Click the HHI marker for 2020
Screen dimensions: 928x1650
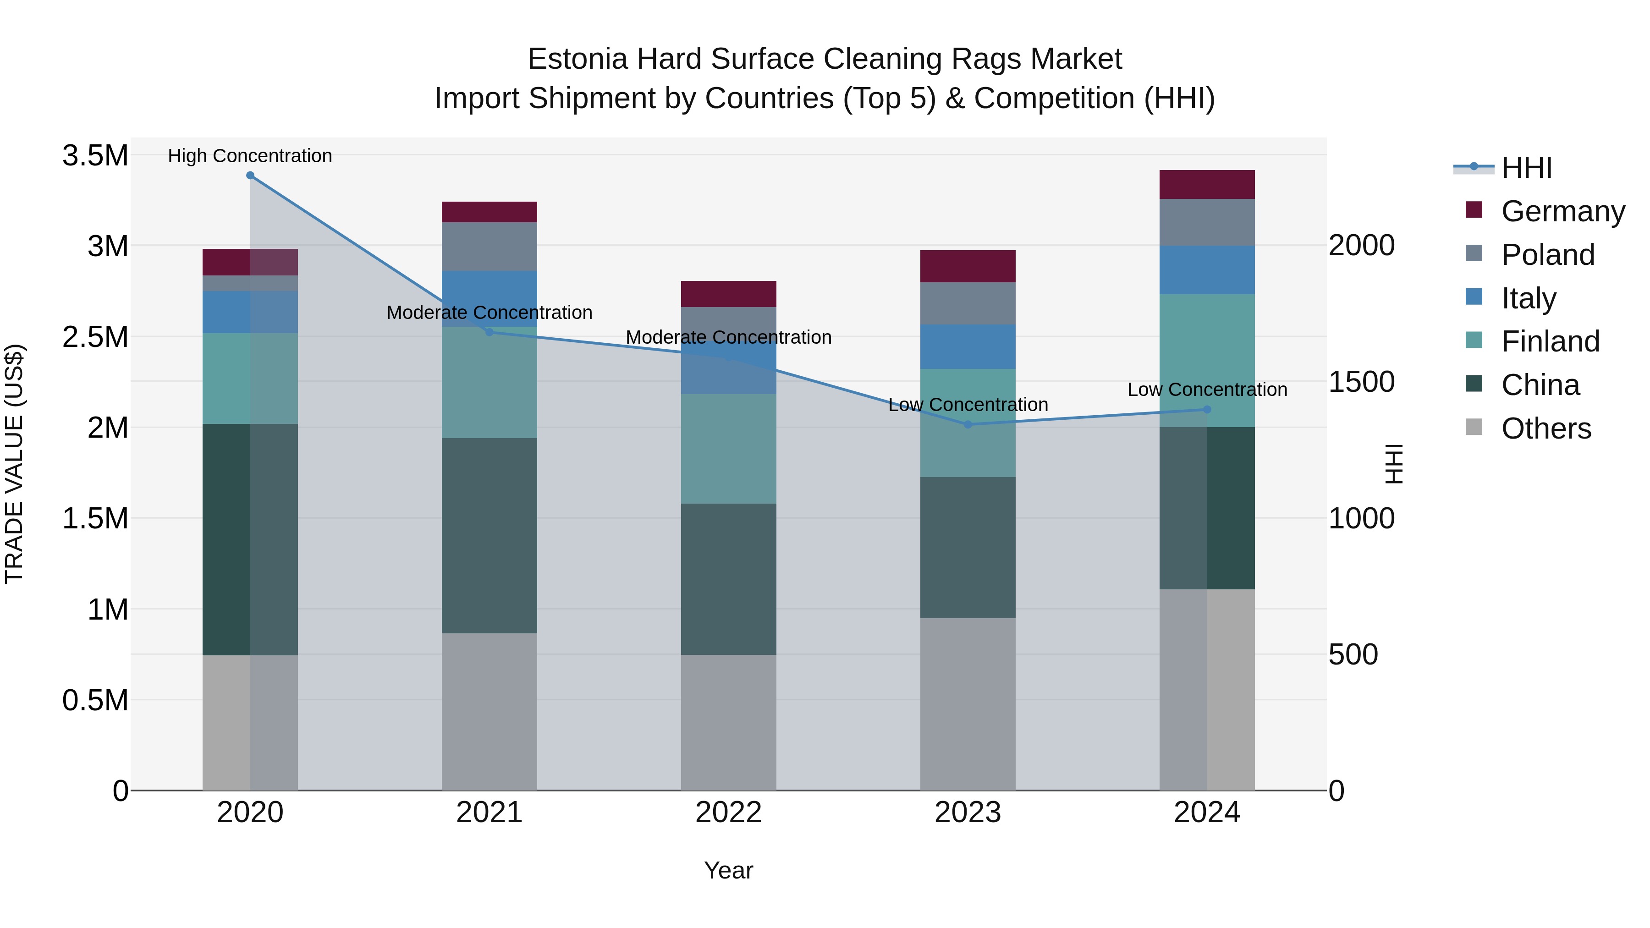250,176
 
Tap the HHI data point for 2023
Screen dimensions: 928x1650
968,425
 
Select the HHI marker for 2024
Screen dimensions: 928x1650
1207,409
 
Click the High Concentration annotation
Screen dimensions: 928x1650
250,156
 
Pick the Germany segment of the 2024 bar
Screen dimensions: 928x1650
1207,184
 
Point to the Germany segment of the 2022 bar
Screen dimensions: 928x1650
728,294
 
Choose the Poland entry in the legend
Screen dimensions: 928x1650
1547,254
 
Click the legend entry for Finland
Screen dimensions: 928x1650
1550,341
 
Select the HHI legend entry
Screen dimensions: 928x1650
1526,168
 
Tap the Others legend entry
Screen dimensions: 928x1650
1545,428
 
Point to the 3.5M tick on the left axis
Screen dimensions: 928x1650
95,156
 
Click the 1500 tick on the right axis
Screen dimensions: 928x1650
1361,382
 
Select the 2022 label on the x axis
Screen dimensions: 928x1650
728,813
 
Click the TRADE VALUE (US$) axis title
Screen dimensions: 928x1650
14,464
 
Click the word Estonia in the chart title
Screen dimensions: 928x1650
577,59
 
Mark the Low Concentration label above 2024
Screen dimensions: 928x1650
1207,390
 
